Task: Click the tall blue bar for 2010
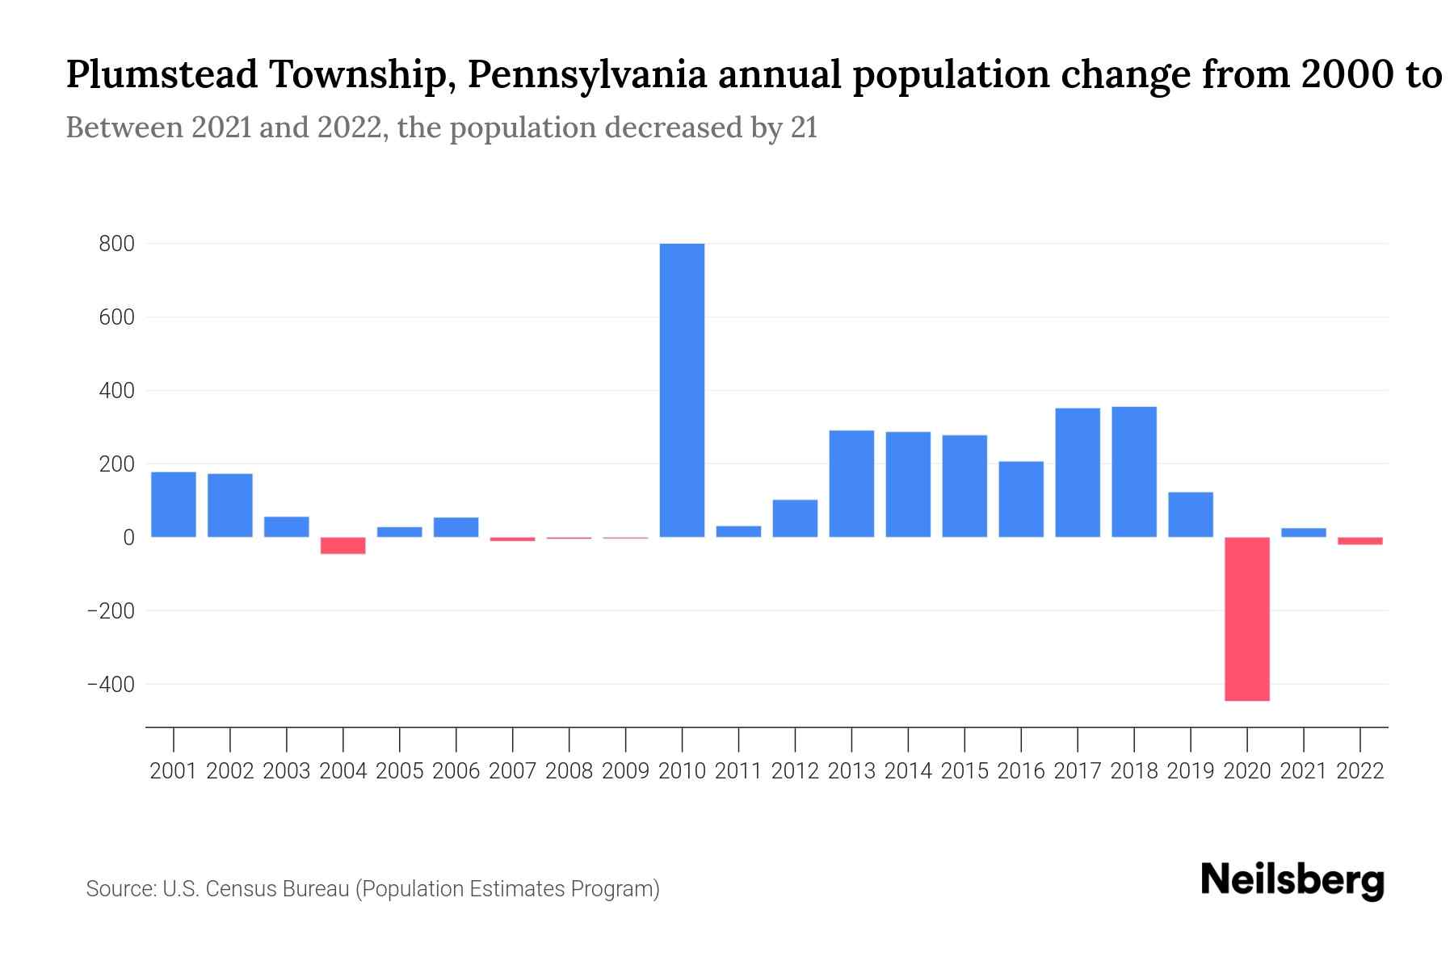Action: pyautogui.click(x=682, y=390)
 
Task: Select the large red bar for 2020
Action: pyautogui.click(x=1246, y=619)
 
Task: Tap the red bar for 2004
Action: pyautogui.click(x=342, y=546)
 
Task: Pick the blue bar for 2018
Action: pyautogui.click(x=1133, y=472)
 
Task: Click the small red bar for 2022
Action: pyautogui.click(x=1359, y=541)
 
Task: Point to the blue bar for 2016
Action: pyautogui.click(x=1020, y=499)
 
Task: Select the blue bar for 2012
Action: pyautogui.click(x=795, y=518)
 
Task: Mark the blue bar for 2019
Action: pyautogui.click(x=1190, y=514)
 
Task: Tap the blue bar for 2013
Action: pyautogui.click(x=851, y=484)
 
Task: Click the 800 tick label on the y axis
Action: pyautogui.click(x=116, y=244)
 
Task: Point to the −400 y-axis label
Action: pyautogui.click(x=111, y=685)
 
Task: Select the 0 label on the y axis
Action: pyautogui.click(x=128, y=538)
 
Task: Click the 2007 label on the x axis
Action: pyautogui.click(x=512, y=771)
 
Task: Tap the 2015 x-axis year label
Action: pyautogui.click(x=964, y=771)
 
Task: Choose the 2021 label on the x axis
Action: pyautogui.click(x=1303, y=771)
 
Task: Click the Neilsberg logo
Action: pyautogui.click(x=1292, y=880)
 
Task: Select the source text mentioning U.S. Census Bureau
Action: pyautogui.click(x=372, y=889)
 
